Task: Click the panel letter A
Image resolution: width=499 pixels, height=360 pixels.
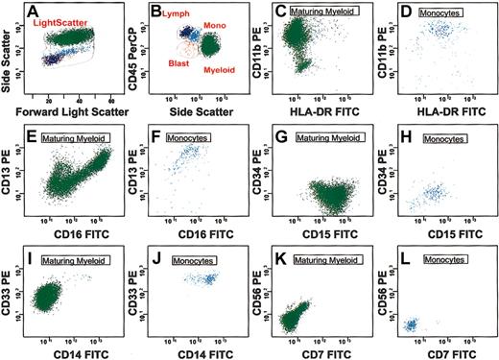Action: click(x=35, y=12)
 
